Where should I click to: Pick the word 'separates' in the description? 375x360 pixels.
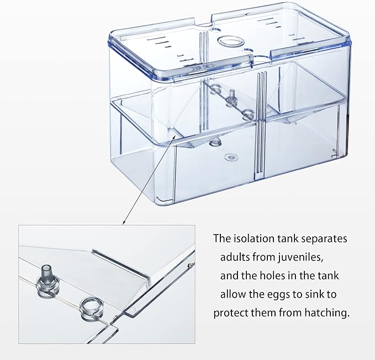(325, 239)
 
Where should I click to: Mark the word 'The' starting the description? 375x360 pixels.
(222, 239)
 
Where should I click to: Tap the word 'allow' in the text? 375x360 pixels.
(233, 294)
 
